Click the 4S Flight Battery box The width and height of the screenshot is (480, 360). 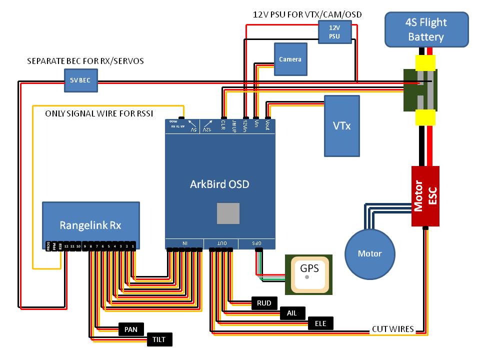pyautogui.click(x=426, y=29)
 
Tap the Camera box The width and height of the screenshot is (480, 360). pyautogui.click(x=290, y=59)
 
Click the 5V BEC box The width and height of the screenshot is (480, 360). pyautogui.click(x=80, y=80)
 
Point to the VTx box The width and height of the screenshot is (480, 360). pyautogui.click(x=341, y=125)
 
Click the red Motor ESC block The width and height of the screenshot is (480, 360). pyautogui.click(x=425, y=196)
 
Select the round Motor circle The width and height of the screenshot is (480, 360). pyautogui.click(x=369, y=253)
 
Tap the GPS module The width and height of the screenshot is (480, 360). pyautogui.click(x=308, y=273)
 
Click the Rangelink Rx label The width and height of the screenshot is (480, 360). pyautogui.click(x=90, y=225)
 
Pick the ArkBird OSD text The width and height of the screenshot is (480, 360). pyautogui.click(x=219, y=184)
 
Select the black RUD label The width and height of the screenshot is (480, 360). pyautogui.click(x=263, y=303)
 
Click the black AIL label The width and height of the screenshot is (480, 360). pyautogui.click(x=291, y=313)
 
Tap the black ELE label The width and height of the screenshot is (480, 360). pyautogui.click(x=320, y=323)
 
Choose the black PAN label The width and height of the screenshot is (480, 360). pyautogui.click(x=131, y=329)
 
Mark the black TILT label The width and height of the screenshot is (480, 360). pyautogui.click(x=159, y=340)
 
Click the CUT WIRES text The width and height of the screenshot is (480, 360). pyautogui.click(x=392, y=329)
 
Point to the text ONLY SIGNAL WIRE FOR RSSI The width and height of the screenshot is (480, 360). pyautogui.click(x=98, y=113)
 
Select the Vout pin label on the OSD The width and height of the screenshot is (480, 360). pyautogui.click(x=267, y=124)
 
